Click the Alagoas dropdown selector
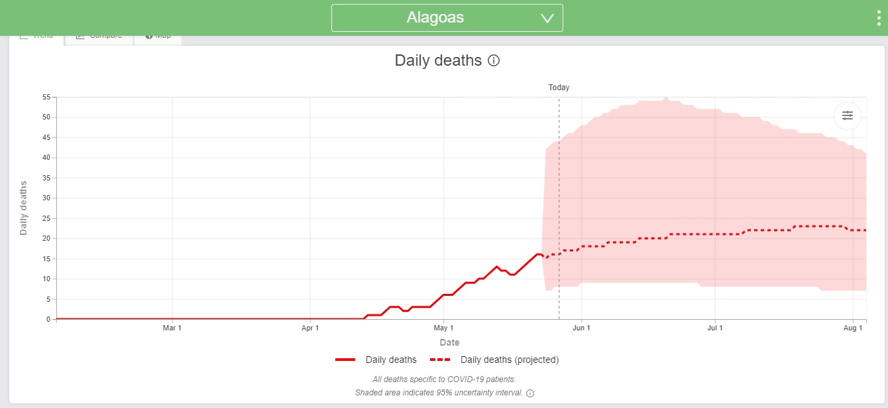click(x=447, y=18)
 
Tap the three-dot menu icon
click(x=879, y=18)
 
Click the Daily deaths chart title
click(x=438, y=60)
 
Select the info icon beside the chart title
click(x=494, y=60)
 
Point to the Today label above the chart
click(x=559, y=88)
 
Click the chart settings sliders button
click(x=847, y=115)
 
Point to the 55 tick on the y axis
click(x=46, y=98)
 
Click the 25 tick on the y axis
click(x=46, y=218)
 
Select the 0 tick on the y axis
click(x=48, y=319)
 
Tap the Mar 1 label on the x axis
click(x=172, y=328)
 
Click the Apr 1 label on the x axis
click(x=310, y=328)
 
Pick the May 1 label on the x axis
click(x=443, y=328)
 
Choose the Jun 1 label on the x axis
click(x=581, y=328)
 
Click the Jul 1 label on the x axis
click(x=715, y=328)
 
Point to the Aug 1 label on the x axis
click(x=854, y=328)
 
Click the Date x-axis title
click(x=449, y=342)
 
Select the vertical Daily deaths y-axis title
click(x=24, y=208)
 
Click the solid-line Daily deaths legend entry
click(x=376, y=360)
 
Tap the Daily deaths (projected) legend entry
click(x=494, y=360)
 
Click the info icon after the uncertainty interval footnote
click(x=530, y=393)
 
